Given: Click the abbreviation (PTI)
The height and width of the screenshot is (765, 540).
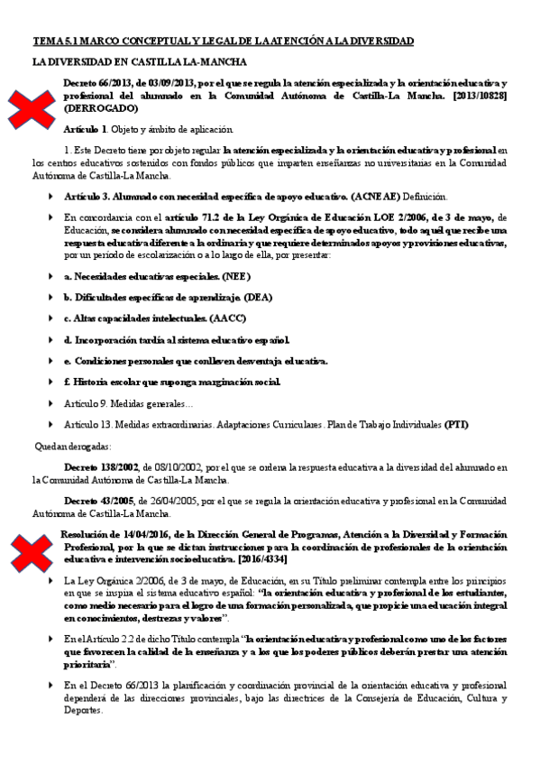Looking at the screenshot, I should pos(457,425).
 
